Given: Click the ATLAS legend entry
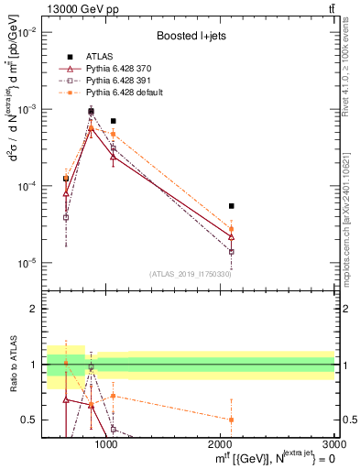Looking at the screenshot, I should [x=97, y=58].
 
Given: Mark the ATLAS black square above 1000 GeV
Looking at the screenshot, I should [x=113, y=121].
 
